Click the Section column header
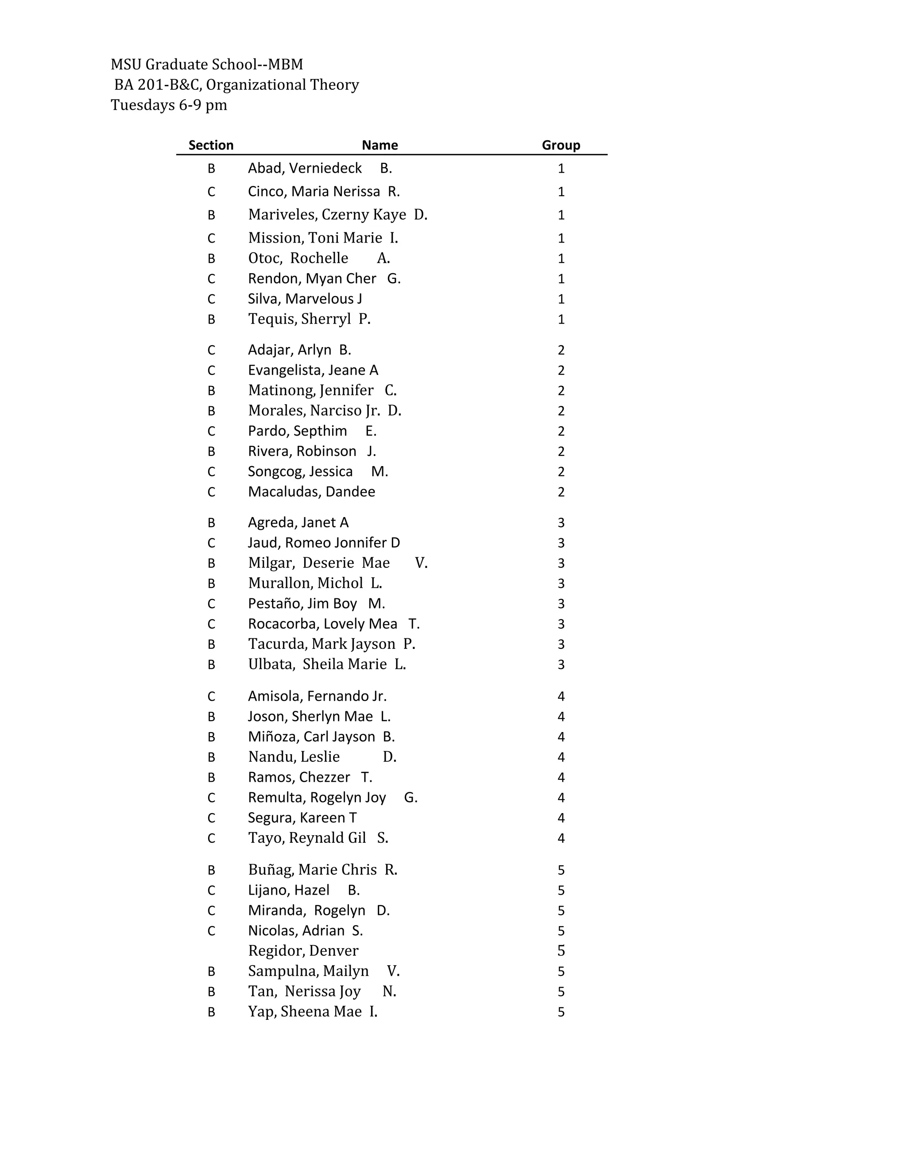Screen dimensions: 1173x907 tap(211, 145)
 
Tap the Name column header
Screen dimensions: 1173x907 tap(380, 145)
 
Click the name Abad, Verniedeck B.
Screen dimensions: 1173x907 tap(320, 168)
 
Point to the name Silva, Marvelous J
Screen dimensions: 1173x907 tap(305, 299)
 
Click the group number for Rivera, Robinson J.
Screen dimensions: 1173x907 tap(561, 451)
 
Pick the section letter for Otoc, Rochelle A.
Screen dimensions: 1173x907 tap(211, 259)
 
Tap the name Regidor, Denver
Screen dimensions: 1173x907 tap(303, 951)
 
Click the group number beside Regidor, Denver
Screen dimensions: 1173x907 tap(561, 951)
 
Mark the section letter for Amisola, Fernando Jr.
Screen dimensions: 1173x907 tap(211, 696)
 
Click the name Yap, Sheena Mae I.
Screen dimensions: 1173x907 tap(313, 1011)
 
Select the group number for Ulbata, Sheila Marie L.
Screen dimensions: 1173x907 tap(561, 664)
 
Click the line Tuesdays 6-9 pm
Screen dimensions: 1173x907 tap(169, 105)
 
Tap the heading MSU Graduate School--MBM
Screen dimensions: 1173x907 tap(207, 65)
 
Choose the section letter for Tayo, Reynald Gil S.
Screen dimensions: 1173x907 tap(211, 838)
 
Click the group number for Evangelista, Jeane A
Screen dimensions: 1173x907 tap(561, 370)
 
